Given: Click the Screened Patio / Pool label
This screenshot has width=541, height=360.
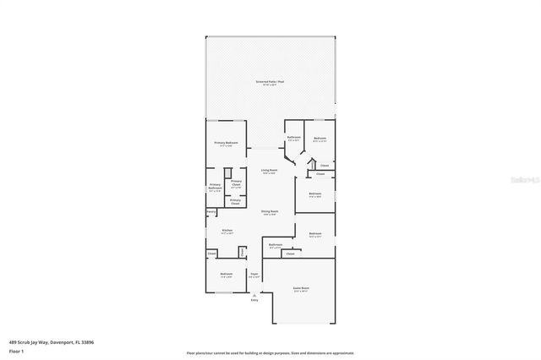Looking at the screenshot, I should [270, 82].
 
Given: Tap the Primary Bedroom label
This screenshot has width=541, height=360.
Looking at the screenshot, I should [226, 143].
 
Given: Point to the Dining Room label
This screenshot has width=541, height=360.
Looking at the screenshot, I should [270, 212].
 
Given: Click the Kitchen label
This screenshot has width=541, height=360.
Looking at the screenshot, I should [227, 230].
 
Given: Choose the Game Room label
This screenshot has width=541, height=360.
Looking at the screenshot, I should [300, 288].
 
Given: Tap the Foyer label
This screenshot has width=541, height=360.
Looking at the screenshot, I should [254, 274].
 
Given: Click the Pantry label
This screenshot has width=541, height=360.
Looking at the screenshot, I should [210, 211].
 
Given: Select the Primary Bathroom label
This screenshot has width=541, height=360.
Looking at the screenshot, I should [215, 186].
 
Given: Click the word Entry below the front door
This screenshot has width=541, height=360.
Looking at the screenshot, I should [254, 301].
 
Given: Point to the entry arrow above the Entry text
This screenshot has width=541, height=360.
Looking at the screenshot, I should [254, 294].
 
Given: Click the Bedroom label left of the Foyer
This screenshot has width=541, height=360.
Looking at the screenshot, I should [227, 274].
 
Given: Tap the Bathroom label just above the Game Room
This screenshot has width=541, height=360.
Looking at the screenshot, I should [276, 245].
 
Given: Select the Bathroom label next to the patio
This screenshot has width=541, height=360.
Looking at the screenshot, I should [294, 137].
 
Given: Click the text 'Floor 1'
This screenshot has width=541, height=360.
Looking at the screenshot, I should [16, 350].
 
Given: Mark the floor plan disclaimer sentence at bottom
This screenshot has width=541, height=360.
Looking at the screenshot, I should [270, 352].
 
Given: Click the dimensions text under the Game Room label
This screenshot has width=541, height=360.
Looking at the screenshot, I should [300, 292].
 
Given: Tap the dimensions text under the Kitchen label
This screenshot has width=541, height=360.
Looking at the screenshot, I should [227, 233].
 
